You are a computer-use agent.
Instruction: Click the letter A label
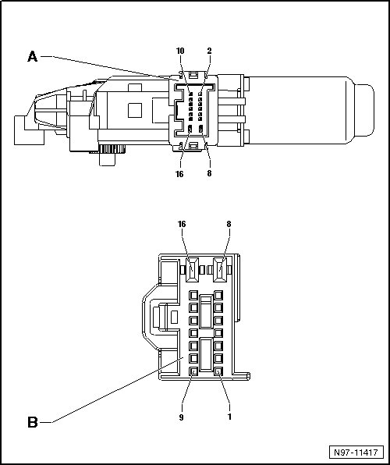point(32,56)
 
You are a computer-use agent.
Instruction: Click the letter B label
point(33,422)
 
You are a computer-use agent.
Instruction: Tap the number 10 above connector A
point(180,51)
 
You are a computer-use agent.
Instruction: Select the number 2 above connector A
point(209,51)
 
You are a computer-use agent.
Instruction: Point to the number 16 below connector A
point(179,174)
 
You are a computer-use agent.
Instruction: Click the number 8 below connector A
point(209,173)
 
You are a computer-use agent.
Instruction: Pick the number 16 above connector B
point(182,224)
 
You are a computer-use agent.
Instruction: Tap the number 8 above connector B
point(229,224)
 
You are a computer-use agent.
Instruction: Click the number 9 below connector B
point(181,417)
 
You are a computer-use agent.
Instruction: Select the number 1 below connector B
point(229,417)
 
